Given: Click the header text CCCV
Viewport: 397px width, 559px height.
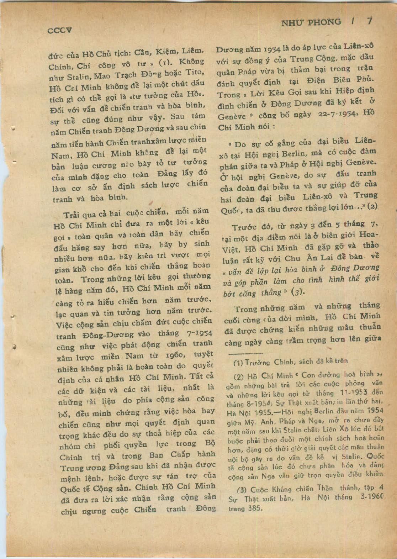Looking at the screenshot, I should (x=59, y=30).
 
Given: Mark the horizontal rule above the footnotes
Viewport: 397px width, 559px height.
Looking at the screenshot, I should (x=245, y=353).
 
